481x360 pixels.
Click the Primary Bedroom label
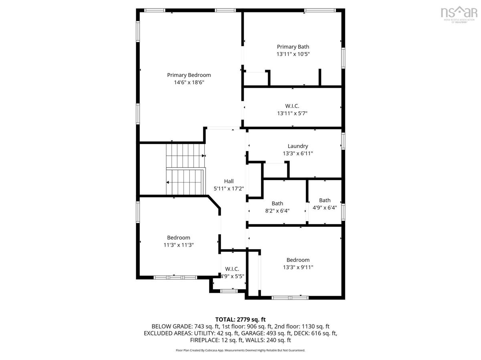click(189, 75)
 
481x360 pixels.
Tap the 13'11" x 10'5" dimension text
click(293, 54)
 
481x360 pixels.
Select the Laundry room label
click(298, 146)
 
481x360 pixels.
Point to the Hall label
click(229, 181)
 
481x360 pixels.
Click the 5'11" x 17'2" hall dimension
click(229, 189)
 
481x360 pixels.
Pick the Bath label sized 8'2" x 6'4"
click(277, 203)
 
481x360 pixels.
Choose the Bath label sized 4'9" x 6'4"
click(325, 201)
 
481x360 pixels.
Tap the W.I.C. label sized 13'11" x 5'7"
click(292, 106)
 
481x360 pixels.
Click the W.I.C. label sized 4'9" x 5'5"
click(232, 269)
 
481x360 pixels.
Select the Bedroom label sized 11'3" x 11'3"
click(179, 238)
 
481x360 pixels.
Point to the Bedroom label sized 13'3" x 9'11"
click(298, 260)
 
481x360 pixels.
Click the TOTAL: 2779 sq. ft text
click(240, 320)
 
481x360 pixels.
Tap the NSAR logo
click(459, 14)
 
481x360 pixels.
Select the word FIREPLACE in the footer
click(204, 340)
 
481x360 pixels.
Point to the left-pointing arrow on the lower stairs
click(168, 182)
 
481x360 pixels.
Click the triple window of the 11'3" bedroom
click(175, 278)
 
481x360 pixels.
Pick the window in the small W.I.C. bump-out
click(229, 291)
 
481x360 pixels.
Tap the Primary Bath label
click(293, 47)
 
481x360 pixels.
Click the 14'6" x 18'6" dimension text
click(189, 82)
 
